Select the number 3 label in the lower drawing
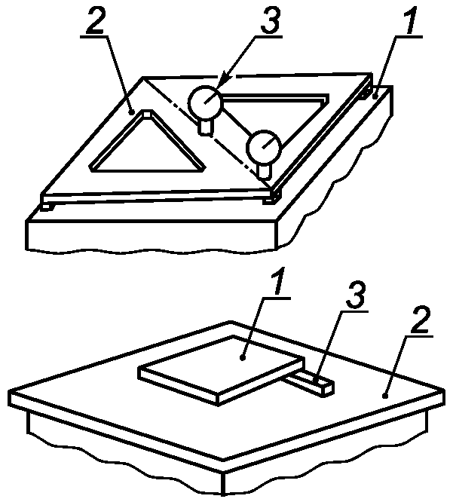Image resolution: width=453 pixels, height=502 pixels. [355, 295]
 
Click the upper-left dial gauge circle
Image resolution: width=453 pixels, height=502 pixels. [204, 102]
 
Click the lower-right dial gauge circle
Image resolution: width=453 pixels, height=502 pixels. [263, 146]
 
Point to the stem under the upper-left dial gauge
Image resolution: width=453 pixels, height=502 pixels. [205, 127]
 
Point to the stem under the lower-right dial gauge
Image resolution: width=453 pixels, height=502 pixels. [265, 170]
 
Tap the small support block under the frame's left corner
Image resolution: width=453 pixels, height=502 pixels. [46, 207]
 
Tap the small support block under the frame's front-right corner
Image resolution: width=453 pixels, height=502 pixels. [272, 199]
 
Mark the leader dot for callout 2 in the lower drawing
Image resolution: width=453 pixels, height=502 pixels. [386, 396]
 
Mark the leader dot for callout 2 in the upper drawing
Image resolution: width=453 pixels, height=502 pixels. [132, 112]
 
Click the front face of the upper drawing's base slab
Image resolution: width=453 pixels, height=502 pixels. [152, 235]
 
